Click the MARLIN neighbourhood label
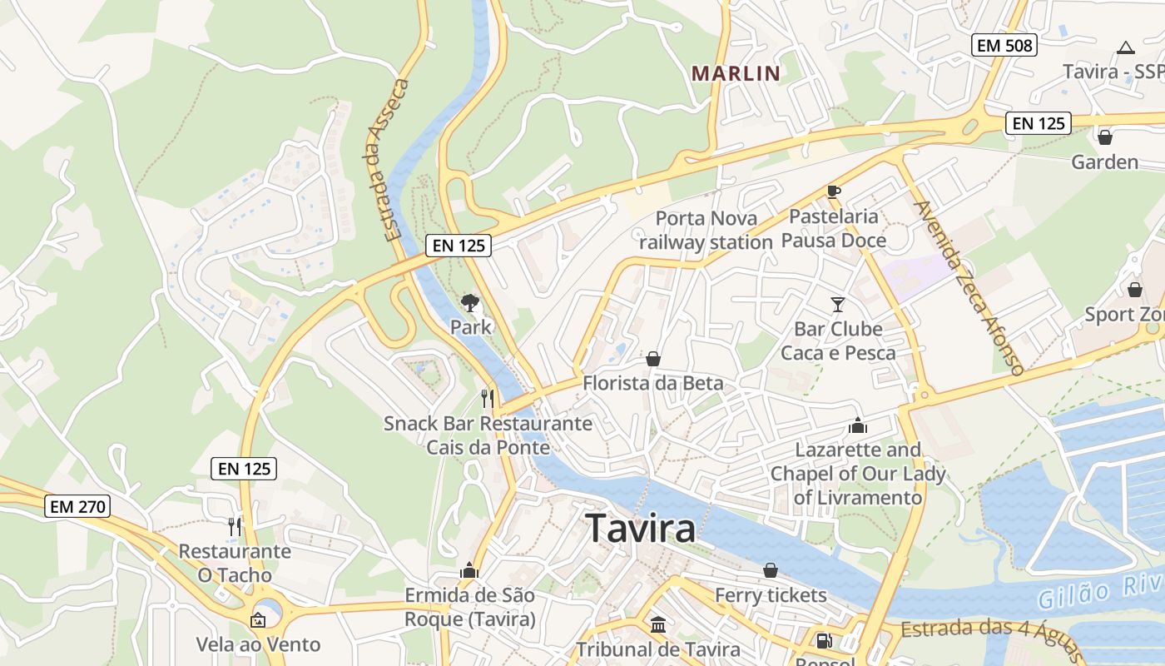(736, 73)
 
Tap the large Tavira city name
(641, 529)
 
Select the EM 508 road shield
(1005, 46)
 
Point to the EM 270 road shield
(77, 505)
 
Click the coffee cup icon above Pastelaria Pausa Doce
(834, 192)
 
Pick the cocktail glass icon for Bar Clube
(837, 305)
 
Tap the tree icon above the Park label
(470, 302)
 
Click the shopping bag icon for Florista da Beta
(653, 359)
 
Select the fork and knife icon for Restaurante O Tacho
(235, 526)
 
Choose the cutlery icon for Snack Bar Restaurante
(488, 399)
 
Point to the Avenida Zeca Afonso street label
(968, 287)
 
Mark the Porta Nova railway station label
(706, 231)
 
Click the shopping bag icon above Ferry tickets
(771, 570)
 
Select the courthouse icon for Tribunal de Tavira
(658, 624)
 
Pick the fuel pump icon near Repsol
(824, 640)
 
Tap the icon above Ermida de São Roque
(469, 570)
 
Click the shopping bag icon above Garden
(1105, 137)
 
